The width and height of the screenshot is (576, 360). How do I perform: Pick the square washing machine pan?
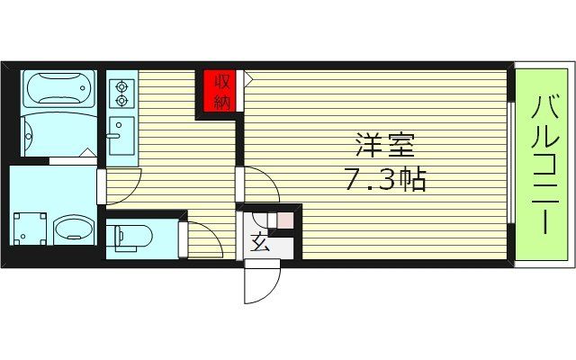pos(30,227)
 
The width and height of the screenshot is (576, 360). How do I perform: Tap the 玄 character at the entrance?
pos(258,242)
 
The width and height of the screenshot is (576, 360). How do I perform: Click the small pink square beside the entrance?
pos(284,219)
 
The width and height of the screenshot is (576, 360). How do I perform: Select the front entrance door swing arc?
pos(259,283)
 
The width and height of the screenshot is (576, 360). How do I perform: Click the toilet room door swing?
pos(202,238)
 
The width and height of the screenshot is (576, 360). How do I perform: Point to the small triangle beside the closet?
pos(247,79)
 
